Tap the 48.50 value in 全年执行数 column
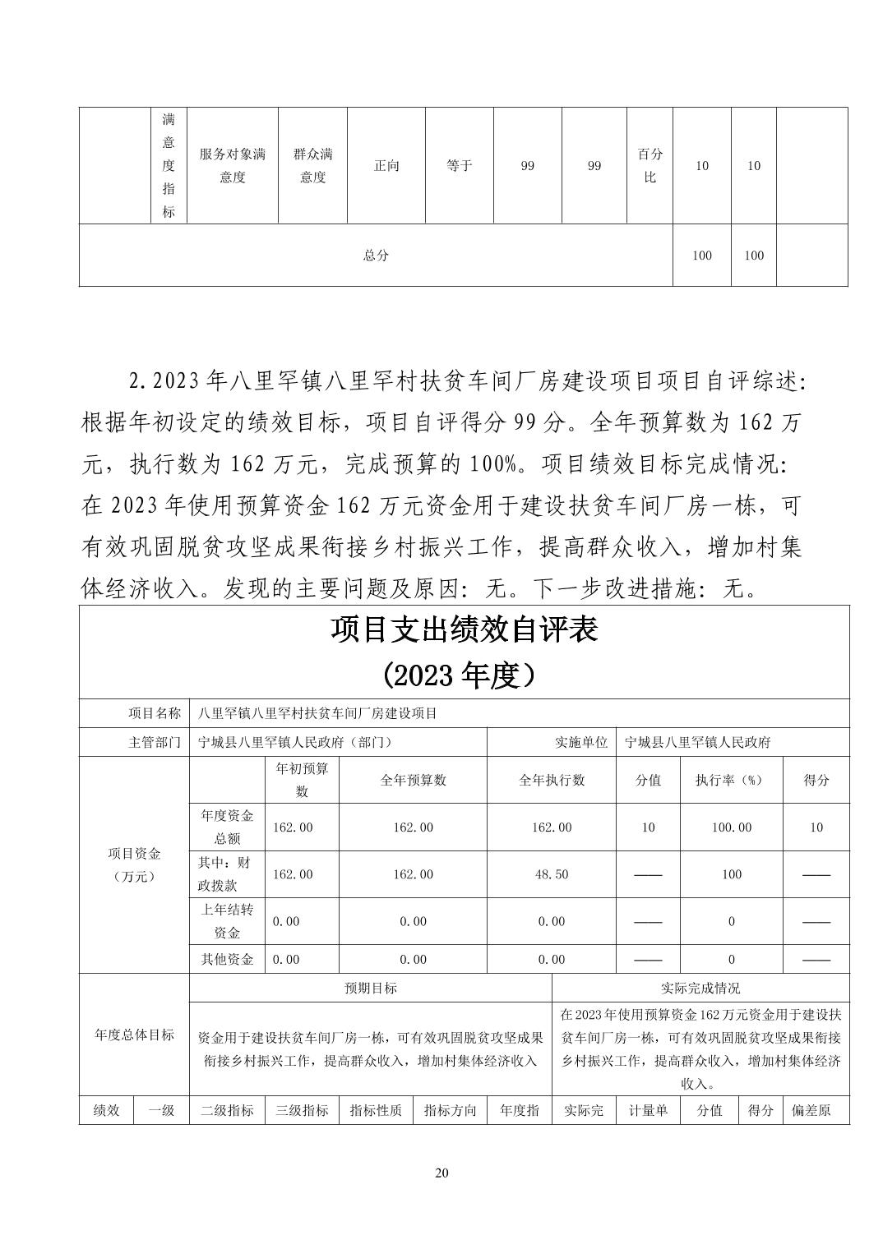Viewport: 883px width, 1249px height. (551, 874)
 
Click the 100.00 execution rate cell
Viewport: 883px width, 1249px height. (731, 827)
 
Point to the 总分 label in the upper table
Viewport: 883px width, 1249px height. (376, 256)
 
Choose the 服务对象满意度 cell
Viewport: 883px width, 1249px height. (233, 165)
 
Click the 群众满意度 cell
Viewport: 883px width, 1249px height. (312, 165)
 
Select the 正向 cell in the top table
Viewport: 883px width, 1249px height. (386, 166)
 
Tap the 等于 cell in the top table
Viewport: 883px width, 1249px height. (459, 166)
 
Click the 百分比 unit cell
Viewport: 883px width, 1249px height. (650, 165)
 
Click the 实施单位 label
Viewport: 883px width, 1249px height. (581, 742)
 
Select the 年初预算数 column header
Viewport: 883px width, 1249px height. (302, 780)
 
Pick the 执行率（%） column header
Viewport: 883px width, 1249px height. (731, 780)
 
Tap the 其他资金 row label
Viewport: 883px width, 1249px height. (227, 959)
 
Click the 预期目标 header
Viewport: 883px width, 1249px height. (370, 988)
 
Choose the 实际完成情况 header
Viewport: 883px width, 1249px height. (700, 988)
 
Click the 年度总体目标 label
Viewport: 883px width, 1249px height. (134, 1035)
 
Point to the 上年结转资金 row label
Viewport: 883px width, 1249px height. (227, 921)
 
